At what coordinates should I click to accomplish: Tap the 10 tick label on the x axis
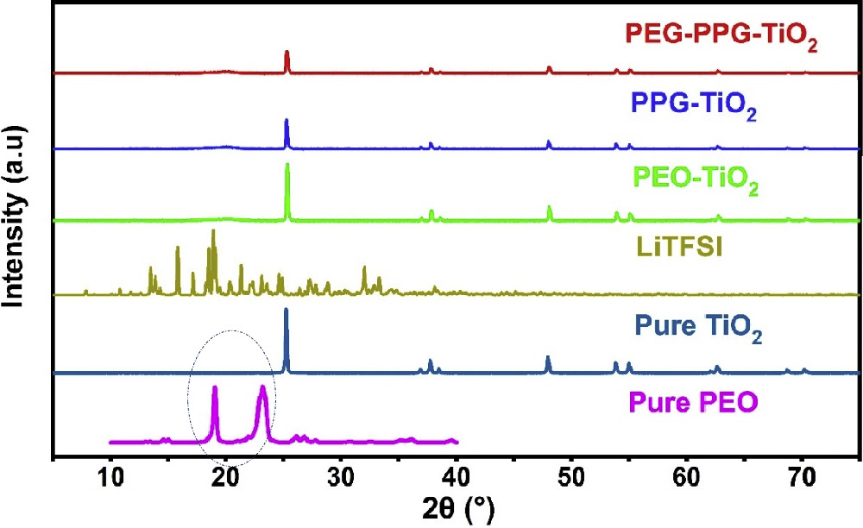point(110,476)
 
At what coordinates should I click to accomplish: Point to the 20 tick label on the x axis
point(226,476)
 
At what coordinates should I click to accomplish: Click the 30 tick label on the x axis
point(341,476)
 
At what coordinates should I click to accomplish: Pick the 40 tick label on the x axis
point(457,476)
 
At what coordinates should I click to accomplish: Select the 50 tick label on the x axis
point(572,476)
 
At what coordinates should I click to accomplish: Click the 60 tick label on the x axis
point(687,476)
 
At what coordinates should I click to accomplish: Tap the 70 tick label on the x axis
point(803,476)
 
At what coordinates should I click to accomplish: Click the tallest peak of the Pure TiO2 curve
point(287,311)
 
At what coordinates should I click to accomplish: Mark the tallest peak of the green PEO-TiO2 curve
point(287,166)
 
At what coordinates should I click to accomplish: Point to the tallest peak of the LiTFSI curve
point(213,231)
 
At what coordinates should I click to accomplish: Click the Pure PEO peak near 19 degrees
point(215,389)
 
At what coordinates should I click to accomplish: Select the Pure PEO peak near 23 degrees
point(263,388)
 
